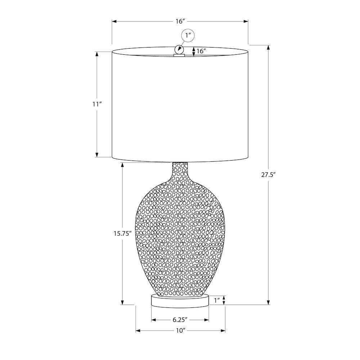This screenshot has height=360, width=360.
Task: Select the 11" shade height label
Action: point(97,104)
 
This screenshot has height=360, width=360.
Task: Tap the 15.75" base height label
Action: point(122,234)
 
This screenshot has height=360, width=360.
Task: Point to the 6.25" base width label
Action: point(180,319)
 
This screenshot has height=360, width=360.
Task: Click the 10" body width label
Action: point(181,330)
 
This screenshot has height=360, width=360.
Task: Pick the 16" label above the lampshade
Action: point(180,21)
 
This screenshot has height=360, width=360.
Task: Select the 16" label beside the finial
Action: point(201,51)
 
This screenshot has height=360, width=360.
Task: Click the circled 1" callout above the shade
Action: point(188,36)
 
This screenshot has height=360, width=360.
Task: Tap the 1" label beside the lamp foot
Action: point(217,300)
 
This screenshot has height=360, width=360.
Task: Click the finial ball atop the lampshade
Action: point(179,49)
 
